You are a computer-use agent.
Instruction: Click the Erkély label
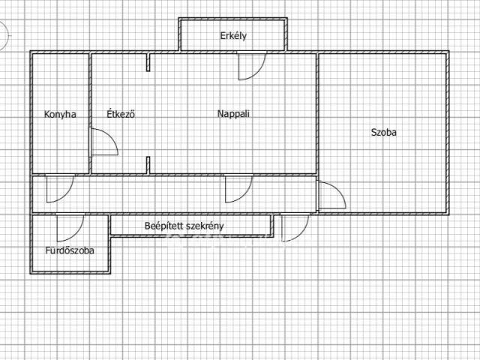233,35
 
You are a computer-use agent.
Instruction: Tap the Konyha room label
60,114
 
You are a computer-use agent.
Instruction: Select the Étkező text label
121,114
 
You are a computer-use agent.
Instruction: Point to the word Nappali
233,114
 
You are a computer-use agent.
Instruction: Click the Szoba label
384,133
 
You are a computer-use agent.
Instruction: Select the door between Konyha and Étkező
103,142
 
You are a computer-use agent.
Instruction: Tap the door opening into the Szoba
330,196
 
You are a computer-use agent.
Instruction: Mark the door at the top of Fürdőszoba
70,228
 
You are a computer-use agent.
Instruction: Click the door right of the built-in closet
294,228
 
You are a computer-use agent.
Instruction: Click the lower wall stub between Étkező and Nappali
148,165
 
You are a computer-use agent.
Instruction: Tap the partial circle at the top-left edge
3,33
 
